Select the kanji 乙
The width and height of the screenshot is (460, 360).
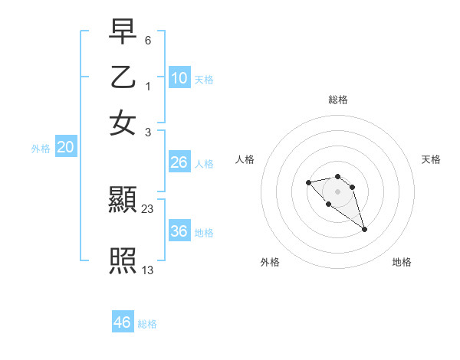coord(123,77)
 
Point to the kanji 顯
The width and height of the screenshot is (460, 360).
coord(123,201)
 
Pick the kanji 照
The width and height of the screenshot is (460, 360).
coord(123,260)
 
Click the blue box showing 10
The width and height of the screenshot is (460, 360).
coord(179,78)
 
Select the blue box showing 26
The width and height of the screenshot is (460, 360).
coord(179,162)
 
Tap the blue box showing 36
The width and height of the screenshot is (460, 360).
coord(179,231)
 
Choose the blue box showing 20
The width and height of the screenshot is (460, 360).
coord(65,148)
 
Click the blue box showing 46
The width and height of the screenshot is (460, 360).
coord(123,322)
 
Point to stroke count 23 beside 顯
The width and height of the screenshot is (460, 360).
coord(148,208)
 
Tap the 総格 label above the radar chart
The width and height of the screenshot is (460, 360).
coord(338,100)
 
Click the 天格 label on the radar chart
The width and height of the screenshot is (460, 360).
coord(432,159)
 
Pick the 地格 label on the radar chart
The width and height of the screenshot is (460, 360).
coord(402,262)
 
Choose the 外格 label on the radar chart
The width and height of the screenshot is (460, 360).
coord(270,262)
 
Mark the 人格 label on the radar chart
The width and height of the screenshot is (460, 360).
coord(245,159)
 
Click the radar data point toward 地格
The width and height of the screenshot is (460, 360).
coord(364,229)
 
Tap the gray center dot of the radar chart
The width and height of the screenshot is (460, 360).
coord(337,191)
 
